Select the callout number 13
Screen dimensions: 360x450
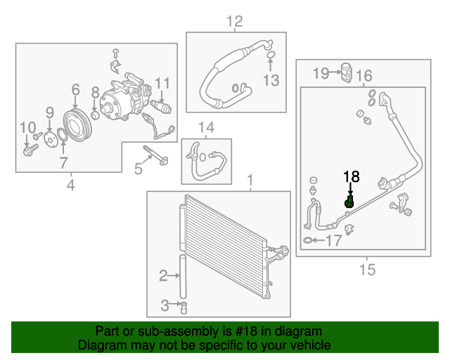[x=271, y=81]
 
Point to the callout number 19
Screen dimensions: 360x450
[x=321, y=72]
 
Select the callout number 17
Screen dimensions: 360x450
[x=333, y=240]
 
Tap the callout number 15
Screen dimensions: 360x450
[x=367, y=269]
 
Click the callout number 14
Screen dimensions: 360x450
[x=205, y=127]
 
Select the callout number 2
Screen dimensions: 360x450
[x=163, y=276]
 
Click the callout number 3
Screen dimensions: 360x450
[x=163, y=305]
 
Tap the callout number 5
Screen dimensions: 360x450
[x=139, y=169]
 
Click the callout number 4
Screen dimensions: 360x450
[x=70, y=186]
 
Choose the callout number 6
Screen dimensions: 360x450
[x=75, y=89]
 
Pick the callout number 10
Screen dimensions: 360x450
[x=27, y=127]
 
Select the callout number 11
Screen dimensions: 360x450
[x=162, y=84]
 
